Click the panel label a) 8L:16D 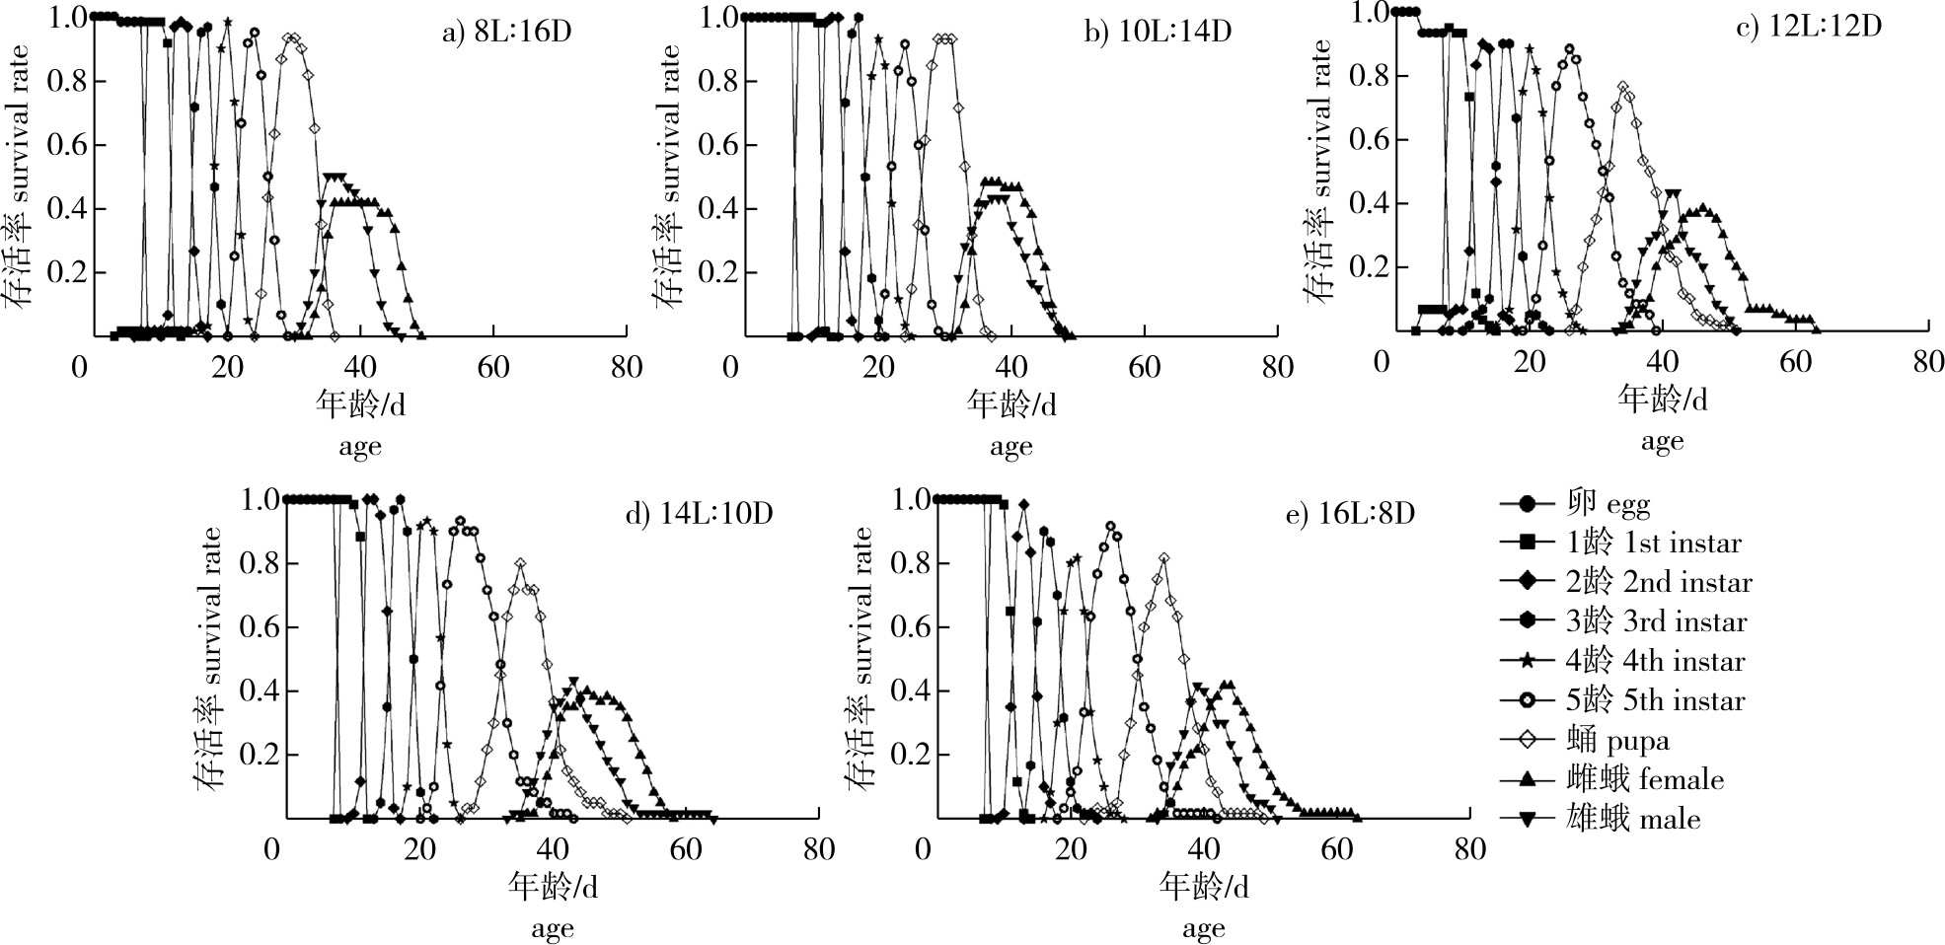pyautogui.click(x=506, y=32)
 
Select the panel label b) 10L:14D pyautogui.click(x=1158, y=32)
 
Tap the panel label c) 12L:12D pyautogui.click(x=1808, y=26)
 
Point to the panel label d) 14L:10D pyautogui.click(x=699, y=513)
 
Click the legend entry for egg pyautogui.click(x=1608, y=504)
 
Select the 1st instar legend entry pyautogui.click(x=1653, y=543)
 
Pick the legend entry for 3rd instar pyautogui.click(x=1655, y=621)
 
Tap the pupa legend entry pyautogui.click(x=1617, y=740)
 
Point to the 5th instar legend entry pyautogui.click(x=1655, y=700)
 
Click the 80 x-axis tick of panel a pyautogui.click(x=627, y=368)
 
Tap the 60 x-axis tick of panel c pyautogui.click(x=1795, y=362)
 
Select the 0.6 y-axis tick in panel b pyautogui.click(x=717, y=145)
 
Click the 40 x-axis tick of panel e pyautogui.click(x=1204, y=849)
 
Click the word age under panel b pyautogui.click(x=1010, y=447)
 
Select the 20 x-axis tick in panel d pyautogui.click(x=419, y=849)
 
